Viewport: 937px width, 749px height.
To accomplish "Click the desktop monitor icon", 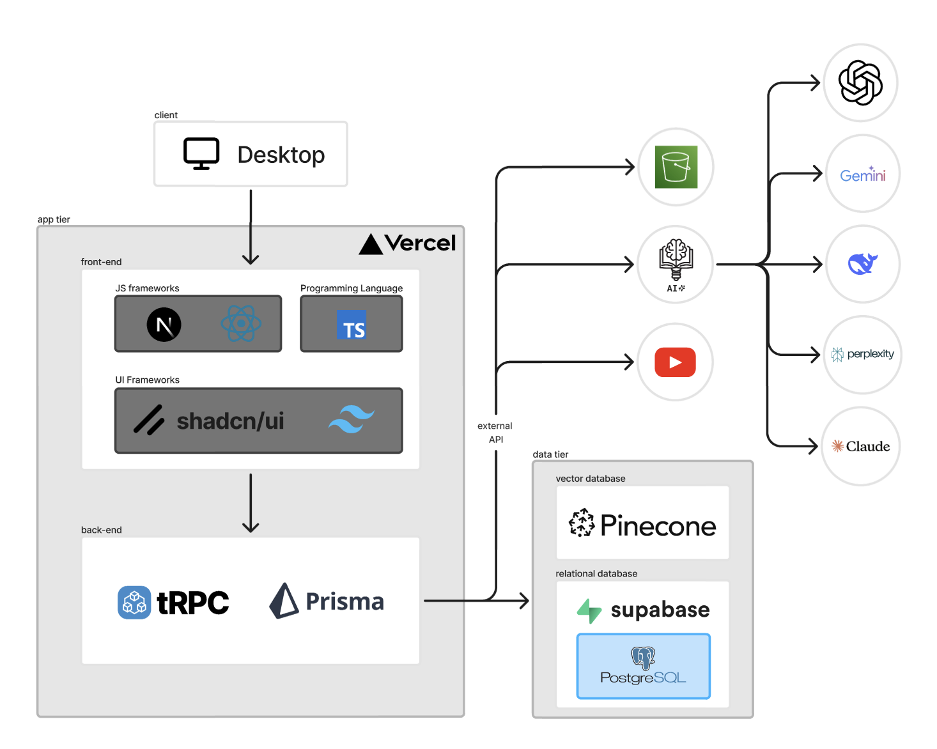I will (201, 153).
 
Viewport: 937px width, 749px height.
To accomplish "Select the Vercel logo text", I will (420, 243).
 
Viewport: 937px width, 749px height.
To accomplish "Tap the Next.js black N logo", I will (164, 325).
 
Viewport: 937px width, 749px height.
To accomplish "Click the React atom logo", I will (241, 323).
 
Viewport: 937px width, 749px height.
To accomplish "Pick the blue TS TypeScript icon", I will (352, 325).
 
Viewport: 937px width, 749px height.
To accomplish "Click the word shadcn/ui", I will (230, 421).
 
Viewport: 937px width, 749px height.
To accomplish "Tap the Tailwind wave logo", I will (351, 419).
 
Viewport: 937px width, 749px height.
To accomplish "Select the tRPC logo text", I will (192, 603).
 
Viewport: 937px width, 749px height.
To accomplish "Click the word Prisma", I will (345, 601).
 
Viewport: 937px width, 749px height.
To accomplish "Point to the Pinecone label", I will (658, 526).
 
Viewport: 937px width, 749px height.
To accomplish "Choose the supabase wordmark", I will (660, 610).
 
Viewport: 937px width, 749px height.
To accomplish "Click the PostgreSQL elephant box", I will (644, 667).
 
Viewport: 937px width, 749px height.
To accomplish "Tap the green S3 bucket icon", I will (676, 167).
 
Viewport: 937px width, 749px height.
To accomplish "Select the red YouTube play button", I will (675, 362).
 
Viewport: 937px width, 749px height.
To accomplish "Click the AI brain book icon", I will (676, 263).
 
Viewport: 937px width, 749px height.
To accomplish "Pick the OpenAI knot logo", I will (860, 82).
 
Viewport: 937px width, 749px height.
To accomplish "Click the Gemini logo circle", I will (863, 174).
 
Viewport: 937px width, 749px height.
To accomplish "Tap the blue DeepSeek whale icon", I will (863, 263).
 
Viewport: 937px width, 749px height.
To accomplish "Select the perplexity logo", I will (863, 354).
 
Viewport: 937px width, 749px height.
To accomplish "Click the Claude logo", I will (860, 446).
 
